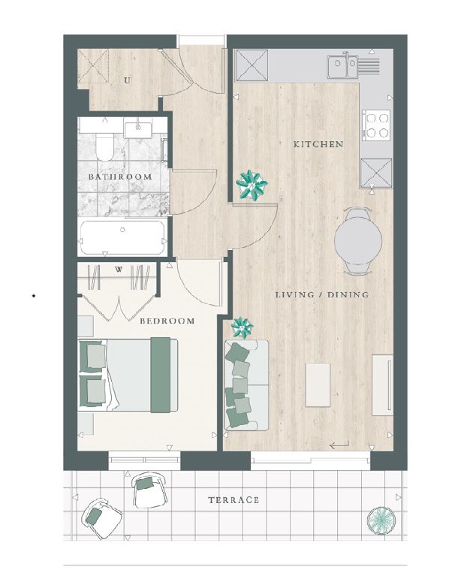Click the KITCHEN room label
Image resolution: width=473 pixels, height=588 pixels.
pyautogui.click(x=318, y=144)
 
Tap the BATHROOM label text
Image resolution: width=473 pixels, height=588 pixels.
pyautogui.click(x=120, y=176)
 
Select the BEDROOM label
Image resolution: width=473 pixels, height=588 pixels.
pyautogui.click(x=167, y=321)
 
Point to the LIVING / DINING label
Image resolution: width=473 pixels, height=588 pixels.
pyautogui.click(x=322, y=294)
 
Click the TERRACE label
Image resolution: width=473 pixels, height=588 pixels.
pyautogui.click(x=234, y=500)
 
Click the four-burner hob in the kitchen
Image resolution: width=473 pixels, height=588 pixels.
pyautogui.click(x=376, y=125)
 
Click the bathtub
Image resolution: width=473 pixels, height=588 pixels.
pyautogui.click(x=122, y=237)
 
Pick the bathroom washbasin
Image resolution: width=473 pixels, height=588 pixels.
pyautogui.click(x=138, y=130)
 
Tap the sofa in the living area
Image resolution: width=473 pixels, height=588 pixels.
pyautogui.click(x=246, y=384)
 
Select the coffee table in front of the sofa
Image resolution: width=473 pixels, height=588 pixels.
pyautogui.click(x=318, y=384)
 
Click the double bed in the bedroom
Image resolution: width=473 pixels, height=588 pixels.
pyautogui.click(x=128, y=375)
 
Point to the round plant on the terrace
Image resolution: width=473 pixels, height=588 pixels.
pyautogui.click(x=381, y=520)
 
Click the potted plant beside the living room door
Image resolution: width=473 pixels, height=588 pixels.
pyautogui.click(x=252, y=184)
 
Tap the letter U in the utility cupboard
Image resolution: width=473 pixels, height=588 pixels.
pyautogui.click(x=128, y=80)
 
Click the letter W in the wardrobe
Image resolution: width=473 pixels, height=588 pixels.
pyautogui.click(x=119, y=270)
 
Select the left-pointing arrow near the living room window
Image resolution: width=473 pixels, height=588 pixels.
pyautogui.click(x=339, y=445)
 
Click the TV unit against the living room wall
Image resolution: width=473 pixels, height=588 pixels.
pyautogui.click(x=383, y=385)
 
